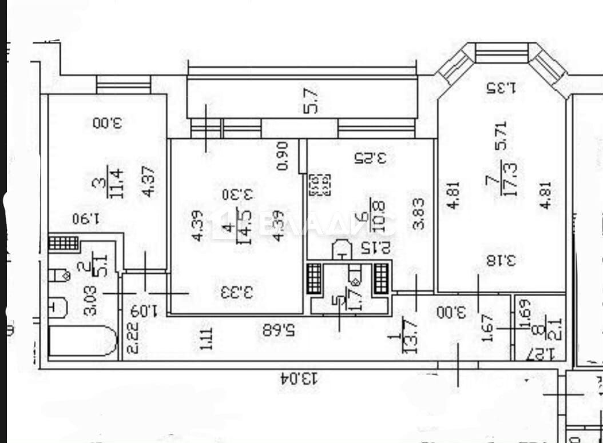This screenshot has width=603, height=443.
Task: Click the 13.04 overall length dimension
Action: coord(297,378)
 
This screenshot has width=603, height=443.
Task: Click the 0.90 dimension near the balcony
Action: coord(281,158)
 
